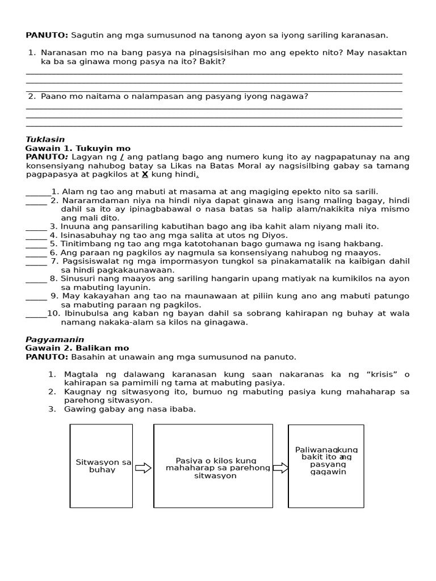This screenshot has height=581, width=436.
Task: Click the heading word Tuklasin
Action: (x=45, y=140)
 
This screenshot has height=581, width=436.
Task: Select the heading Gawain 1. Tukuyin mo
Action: (x=78, y=148)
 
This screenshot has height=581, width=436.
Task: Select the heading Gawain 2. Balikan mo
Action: (x=77, y=348)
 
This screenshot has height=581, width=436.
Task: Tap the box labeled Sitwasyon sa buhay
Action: (x=102, y=466)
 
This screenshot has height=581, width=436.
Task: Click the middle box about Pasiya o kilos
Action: (x=213, y=466)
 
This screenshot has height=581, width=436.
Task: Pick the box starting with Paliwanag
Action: (x=326, y=466)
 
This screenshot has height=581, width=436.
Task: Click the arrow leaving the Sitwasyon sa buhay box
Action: (x=143, y=468)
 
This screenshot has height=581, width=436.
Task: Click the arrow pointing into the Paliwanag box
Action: (x=280, y=468)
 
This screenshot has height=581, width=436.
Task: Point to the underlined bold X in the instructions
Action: (x=145, y=175)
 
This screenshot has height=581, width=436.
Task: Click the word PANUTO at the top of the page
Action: (x=47, y=35)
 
